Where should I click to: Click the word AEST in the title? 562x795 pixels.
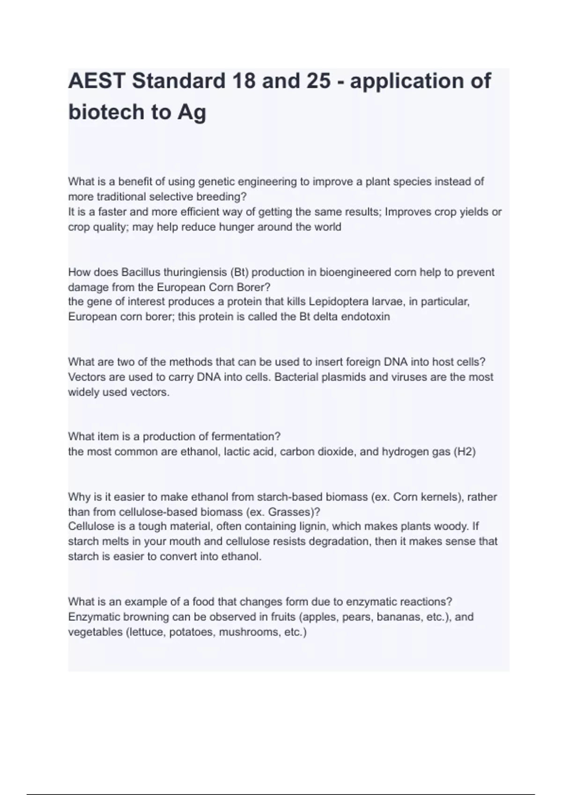(x=96, y=81)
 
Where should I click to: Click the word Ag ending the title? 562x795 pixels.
(x=191, y=112)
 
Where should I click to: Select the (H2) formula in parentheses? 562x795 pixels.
(x=465, y=452)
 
